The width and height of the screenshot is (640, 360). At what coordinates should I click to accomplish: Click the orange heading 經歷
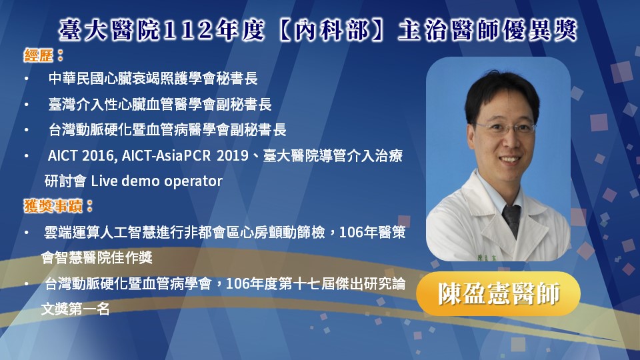38,55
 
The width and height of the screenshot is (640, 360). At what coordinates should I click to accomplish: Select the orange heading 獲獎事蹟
53,206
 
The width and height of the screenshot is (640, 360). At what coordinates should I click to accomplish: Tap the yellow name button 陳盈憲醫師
499,293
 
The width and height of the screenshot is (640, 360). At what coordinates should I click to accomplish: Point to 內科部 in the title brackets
331,31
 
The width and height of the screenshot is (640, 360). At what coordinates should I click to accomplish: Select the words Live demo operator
157,181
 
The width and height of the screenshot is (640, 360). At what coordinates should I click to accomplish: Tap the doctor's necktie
512,220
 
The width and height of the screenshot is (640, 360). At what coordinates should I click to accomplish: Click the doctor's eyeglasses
505,129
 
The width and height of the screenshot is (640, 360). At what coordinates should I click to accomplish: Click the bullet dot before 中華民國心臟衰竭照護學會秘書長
27,79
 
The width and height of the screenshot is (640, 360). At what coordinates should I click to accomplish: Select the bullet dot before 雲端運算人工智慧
27,233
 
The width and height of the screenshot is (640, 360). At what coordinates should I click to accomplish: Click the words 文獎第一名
75,309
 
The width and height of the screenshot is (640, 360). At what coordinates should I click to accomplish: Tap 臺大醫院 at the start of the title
109,31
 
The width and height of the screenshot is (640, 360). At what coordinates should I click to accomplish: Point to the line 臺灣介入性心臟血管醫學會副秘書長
160,105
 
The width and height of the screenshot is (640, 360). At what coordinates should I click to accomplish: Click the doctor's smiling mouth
509,159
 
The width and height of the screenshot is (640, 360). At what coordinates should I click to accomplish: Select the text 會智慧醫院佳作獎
97,257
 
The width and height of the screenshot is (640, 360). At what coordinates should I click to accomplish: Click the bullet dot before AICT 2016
27,156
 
